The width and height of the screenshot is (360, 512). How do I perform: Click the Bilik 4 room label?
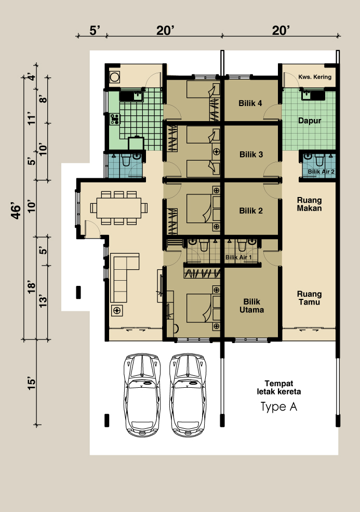pos(250,103)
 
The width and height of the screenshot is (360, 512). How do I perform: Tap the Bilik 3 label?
pos(251,154)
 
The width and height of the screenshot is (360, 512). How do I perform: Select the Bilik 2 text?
pos(251,211)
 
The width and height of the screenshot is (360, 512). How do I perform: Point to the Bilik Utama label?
pos(251,306)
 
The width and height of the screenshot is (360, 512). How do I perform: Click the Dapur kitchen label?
pos(310,121)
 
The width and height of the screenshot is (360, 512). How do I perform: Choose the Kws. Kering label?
pos(315,77)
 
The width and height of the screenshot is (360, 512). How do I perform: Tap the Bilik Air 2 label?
pos(321,172)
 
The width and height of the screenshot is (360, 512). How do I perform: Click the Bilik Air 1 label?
pos(238,257)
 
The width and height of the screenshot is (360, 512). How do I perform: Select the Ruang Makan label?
pos(310,204)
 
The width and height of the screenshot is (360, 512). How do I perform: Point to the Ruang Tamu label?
pos(310,298)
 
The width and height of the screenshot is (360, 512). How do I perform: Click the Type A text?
pos(279,407)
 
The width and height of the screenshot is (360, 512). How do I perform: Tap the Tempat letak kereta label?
pos(279,388)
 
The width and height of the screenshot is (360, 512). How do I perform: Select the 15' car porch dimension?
pos(31,383)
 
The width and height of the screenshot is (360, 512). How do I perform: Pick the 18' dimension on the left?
pos(31,287)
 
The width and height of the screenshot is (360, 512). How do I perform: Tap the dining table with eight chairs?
pos(119,208)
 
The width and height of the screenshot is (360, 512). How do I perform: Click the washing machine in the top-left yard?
pos(114,77)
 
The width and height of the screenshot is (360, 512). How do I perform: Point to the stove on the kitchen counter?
pos(115,119)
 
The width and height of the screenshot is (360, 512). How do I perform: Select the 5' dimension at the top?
pos(95,31)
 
